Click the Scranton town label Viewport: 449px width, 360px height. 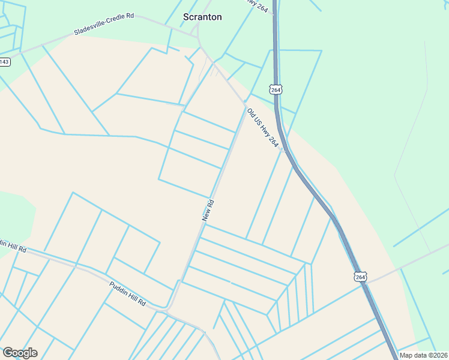[x=202, y=17]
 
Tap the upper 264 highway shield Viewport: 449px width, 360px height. [x=276, y=89]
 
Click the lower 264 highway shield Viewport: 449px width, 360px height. [x=360, y=276]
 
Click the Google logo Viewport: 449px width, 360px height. [x=20, y=352]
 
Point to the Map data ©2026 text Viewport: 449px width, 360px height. [x=423, y=355]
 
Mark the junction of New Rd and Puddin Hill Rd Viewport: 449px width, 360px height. [x=167, y=308]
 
